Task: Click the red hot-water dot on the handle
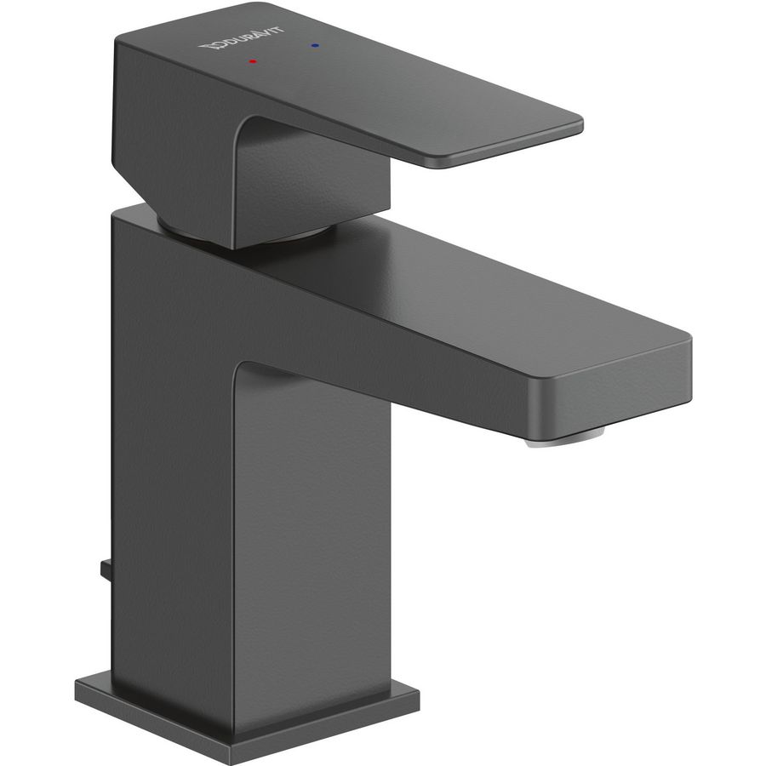(x=252, y=61)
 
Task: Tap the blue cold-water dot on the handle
(x=314, y=46)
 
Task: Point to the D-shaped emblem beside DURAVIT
(x=209, y=47)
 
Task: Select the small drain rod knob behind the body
(x=106, y=570)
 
